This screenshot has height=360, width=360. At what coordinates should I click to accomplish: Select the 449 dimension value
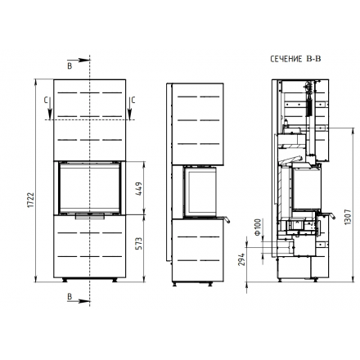click(138, 189)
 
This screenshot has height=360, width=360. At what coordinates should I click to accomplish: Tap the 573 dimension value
click(138, 244)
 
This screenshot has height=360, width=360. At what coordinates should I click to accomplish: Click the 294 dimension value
click(241, 259)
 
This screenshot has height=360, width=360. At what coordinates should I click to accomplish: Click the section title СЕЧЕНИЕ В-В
click(295, 59)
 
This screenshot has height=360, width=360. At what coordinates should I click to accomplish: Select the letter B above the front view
click(70, 65)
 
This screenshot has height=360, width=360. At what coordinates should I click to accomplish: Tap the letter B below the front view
click(70, 296)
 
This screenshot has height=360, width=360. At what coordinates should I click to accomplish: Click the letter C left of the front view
click(46, 101)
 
